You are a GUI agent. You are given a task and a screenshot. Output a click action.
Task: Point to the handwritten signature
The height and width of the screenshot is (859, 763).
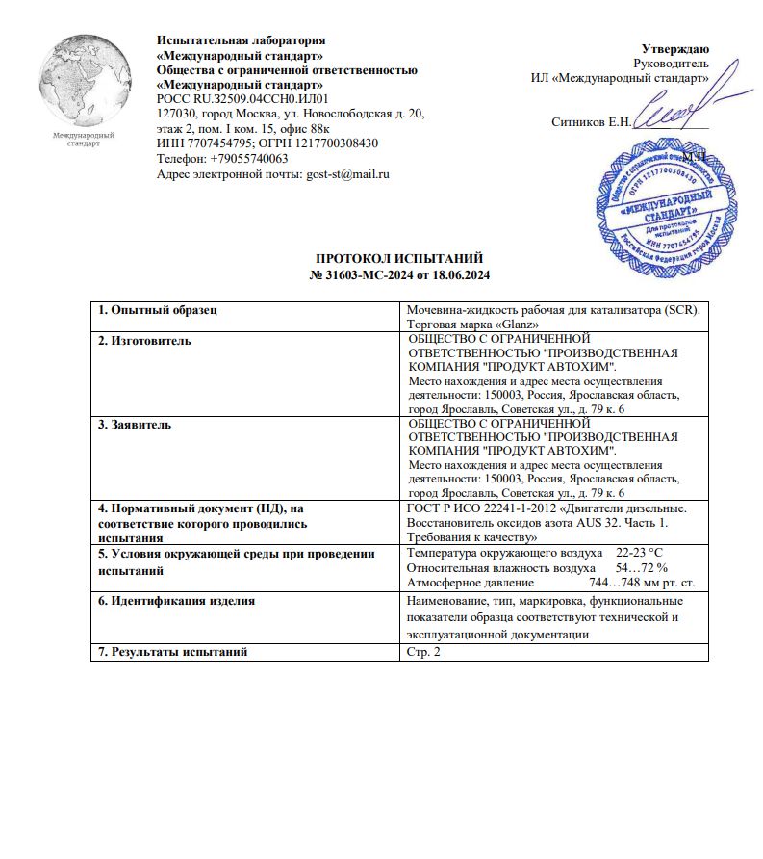pyautogui.click(x=665, y=117)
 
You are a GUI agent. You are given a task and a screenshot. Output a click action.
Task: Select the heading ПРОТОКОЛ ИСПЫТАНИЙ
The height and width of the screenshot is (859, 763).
pyautogui.click(x=399, y=259)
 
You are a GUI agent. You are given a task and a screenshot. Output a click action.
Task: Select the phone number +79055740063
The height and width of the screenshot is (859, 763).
pyautogui.click(x=244, y=159)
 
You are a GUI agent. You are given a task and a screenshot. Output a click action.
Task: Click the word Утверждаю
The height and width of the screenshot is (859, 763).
pyautogui.click(x=675, y=48)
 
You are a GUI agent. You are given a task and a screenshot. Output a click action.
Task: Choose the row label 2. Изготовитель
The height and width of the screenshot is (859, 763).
pyautogui.click(x=145, y=340)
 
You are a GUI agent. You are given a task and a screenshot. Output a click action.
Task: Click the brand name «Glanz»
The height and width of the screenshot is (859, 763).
pyautogui.click(x=515, y=324)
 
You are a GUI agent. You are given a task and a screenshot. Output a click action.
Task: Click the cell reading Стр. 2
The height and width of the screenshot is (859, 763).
pyautogui.click(x=423, y=652)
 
